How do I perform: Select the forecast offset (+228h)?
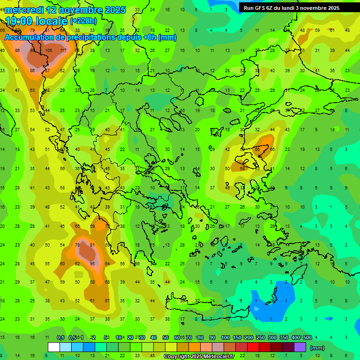point(83,21)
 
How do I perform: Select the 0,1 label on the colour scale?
point(60,337)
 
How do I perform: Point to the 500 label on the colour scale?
point(307,337)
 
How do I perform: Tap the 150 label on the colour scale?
point(237,337)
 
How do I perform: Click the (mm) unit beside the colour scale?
point(317,348)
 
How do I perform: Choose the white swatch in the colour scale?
point(54,347)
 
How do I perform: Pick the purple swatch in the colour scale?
point(300,347)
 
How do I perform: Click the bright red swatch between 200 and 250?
point(253,347)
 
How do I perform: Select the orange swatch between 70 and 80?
point(195,347)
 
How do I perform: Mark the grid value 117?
point(63,51)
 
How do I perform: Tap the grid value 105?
point(48,51)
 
